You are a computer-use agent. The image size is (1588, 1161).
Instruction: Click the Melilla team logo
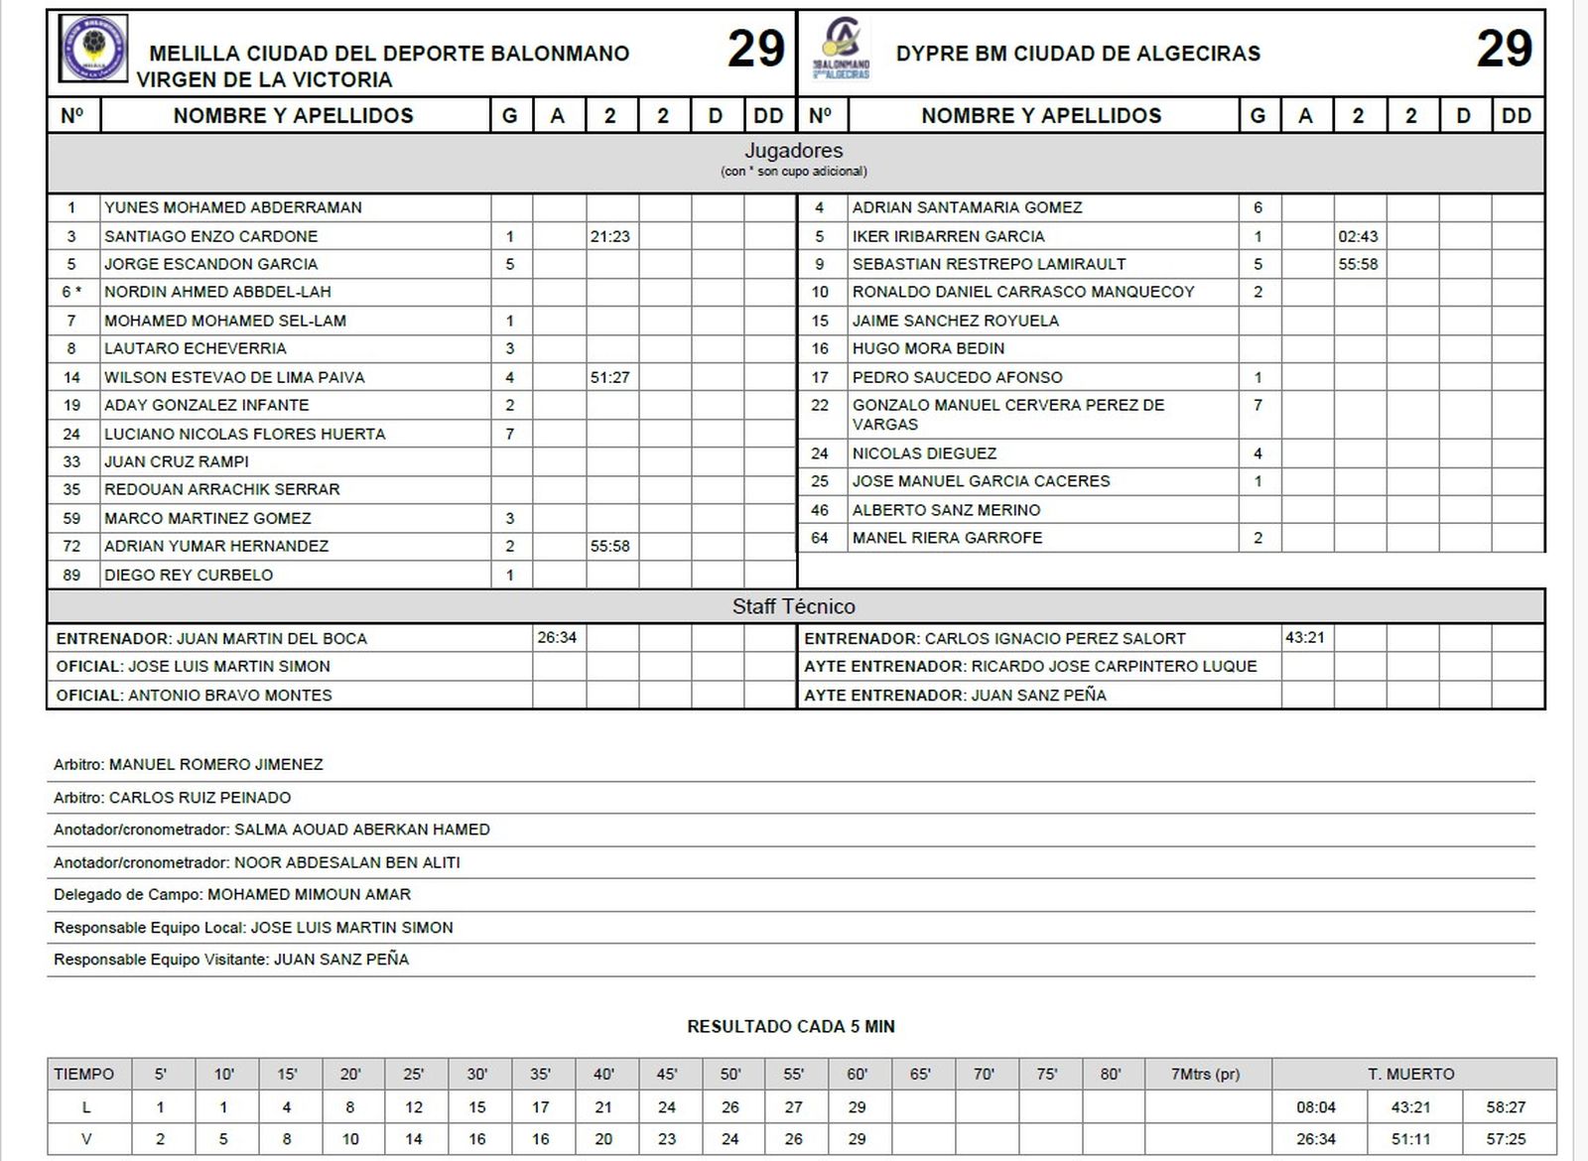[x=93, y=49]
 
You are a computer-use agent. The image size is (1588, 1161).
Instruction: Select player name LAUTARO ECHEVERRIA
[x=196, y=348]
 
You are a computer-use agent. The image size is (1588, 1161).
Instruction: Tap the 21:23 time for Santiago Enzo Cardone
[x=609, y=236]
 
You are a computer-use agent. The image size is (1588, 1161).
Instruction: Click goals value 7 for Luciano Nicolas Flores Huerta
[x=510, y=434]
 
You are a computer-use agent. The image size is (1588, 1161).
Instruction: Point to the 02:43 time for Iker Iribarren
[x=1357, y=236]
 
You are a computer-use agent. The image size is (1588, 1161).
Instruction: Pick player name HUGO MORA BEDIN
[x=928, y=348]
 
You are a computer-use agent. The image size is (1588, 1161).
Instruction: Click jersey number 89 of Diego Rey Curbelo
[x=71, y=575]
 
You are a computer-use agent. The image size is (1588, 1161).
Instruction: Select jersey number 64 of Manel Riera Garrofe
[x=820, y=538]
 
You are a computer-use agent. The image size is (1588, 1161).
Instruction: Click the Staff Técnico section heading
[x=793, y=606]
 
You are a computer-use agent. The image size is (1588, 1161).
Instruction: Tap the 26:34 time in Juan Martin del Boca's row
[x=557, y=637]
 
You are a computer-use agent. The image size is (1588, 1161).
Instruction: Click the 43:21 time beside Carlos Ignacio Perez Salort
[x=1304, y=637]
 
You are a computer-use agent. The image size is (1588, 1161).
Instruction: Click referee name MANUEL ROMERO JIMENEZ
[x=215, y=764]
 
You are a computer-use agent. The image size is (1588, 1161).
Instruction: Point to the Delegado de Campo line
[x=232, y=894]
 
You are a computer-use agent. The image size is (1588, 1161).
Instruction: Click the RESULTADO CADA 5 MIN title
[x=791, y=1026]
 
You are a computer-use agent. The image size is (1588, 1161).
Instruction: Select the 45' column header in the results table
[x=667, y=1074]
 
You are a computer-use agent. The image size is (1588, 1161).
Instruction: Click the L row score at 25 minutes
[x=414, y=1106]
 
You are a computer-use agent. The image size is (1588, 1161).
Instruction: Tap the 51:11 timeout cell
[x=1409, y=1138]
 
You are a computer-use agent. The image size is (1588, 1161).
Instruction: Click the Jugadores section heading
[x=793, y=151]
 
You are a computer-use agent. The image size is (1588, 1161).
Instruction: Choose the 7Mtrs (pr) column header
[x=1206, y=1074]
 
